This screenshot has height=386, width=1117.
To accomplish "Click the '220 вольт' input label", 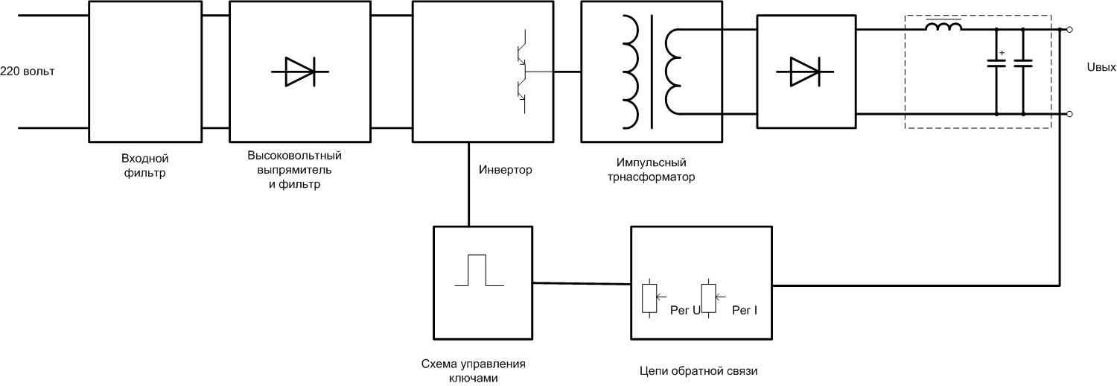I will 28,72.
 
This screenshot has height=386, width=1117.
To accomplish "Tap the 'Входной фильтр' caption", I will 144,165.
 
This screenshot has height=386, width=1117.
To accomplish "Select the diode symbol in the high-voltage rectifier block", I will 300,72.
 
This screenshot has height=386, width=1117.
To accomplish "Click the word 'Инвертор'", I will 505,170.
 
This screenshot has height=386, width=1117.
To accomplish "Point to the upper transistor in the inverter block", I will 523,51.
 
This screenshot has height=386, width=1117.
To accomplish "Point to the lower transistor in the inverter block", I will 523,91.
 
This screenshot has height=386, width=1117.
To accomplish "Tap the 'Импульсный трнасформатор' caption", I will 651,170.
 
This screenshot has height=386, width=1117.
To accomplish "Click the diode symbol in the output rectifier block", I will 805,72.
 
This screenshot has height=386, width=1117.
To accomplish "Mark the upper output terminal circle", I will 1070,30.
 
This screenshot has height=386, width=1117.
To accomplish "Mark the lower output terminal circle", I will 1070,114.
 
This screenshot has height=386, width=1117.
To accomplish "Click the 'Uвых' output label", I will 1101,67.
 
